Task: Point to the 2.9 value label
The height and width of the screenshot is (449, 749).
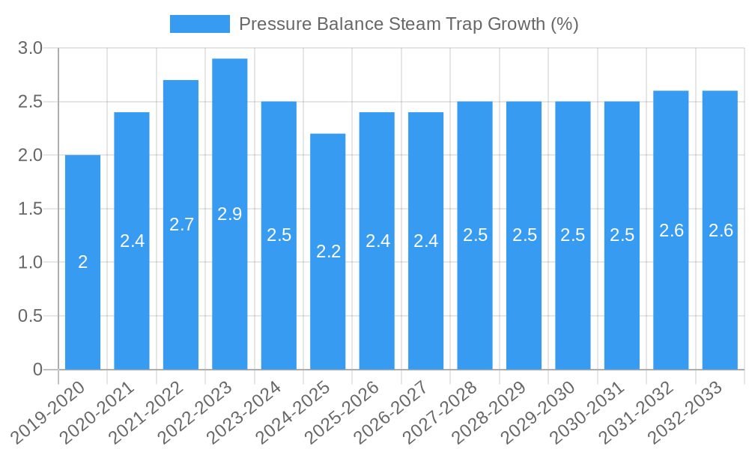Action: pos(230,214)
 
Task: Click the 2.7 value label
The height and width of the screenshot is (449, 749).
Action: pos(181,224)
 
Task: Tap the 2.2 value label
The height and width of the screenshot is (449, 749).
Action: pos(328,251)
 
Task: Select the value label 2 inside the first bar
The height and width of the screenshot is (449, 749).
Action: pos(83,262)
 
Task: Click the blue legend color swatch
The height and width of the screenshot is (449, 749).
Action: pos(199,24)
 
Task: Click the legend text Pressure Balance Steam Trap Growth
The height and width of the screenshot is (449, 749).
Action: pos(408,24)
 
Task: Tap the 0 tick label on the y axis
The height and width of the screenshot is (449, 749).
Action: pos(38,370)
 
